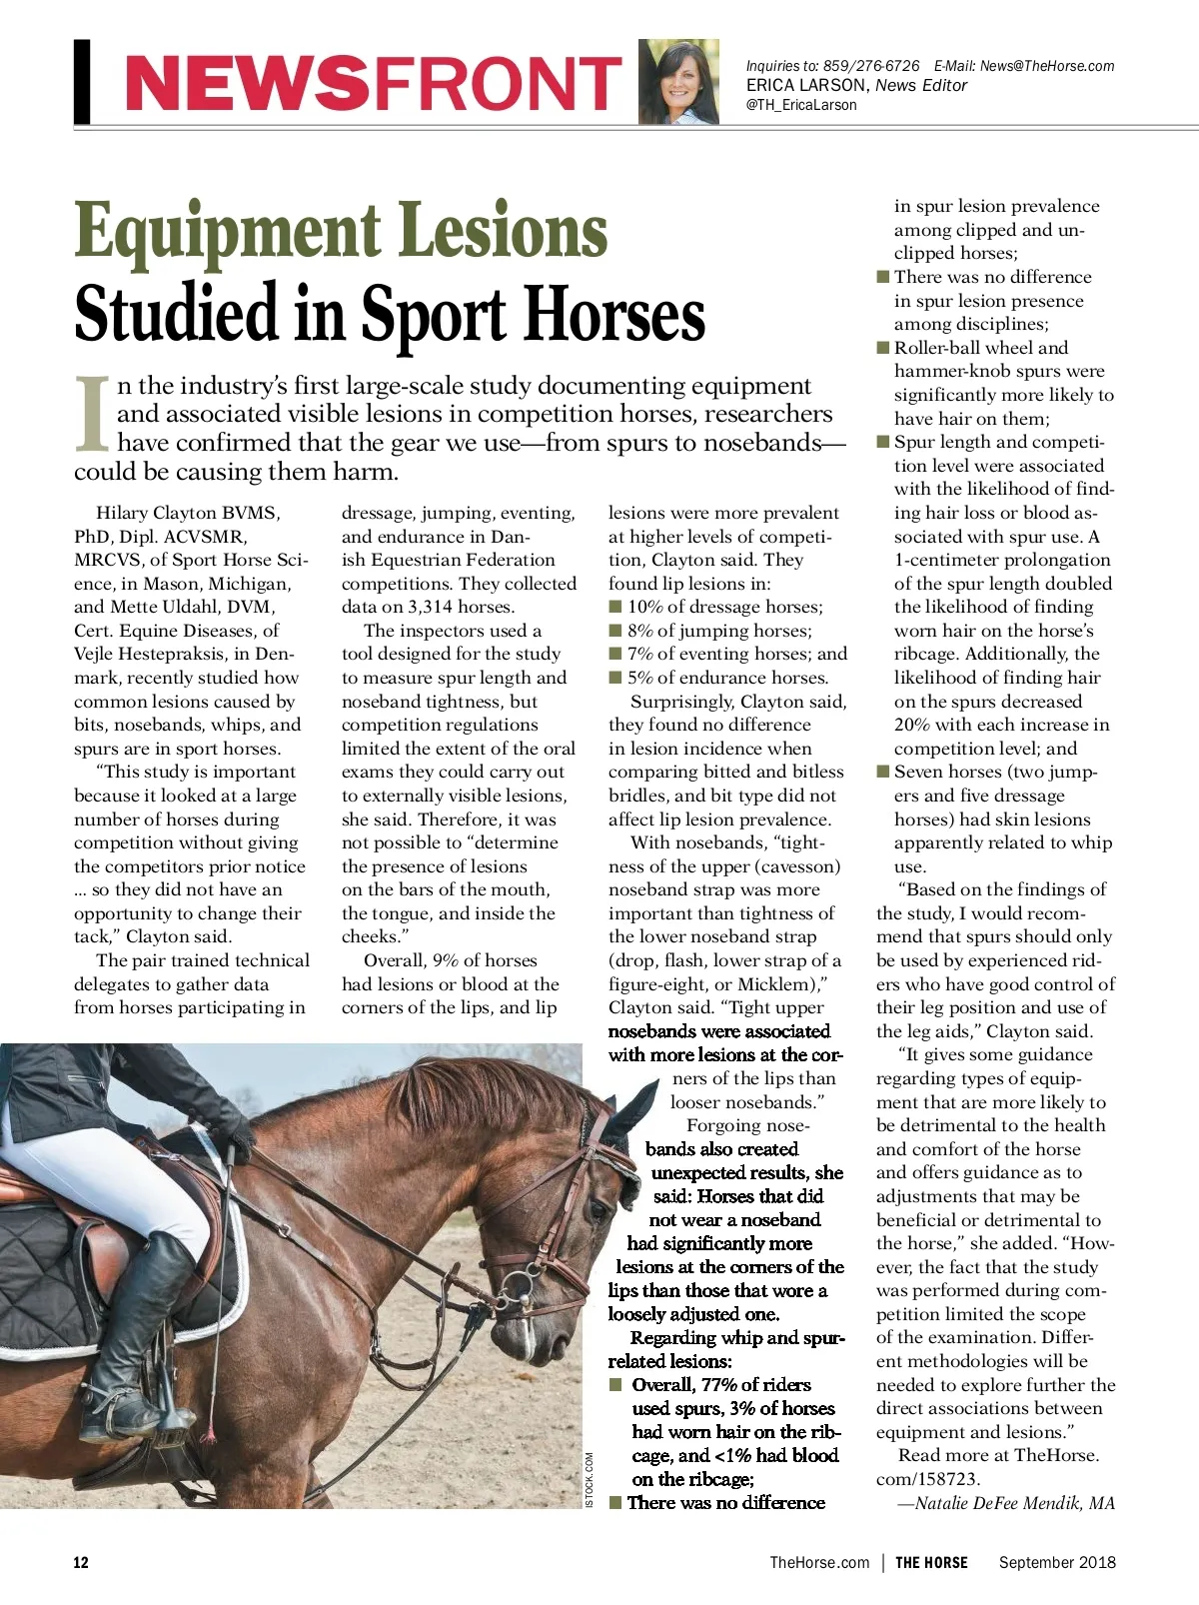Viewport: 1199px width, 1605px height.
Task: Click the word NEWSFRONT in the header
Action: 372,84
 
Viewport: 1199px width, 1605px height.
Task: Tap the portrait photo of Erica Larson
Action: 678,82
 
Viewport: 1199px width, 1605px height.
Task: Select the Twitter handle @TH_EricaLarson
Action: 801,104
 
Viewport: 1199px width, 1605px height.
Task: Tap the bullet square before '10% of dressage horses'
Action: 615,607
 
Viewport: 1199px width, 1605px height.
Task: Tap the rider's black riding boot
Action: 140,1329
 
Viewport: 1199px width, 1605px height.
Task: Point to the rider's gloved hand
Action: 237,1134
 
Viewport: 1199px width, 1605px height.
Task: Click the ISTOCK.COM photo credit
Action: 589,1480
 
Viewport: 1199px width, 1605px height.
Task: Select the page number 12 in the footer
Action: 81,1563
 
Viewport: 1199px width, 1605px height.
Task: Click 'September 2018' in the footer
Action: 1057,1563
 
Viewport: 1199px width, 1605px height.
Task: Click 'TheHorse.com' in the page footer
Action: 819,1563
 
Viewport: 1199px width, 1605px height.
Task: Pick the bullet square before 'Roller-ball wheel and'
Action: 883,348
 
